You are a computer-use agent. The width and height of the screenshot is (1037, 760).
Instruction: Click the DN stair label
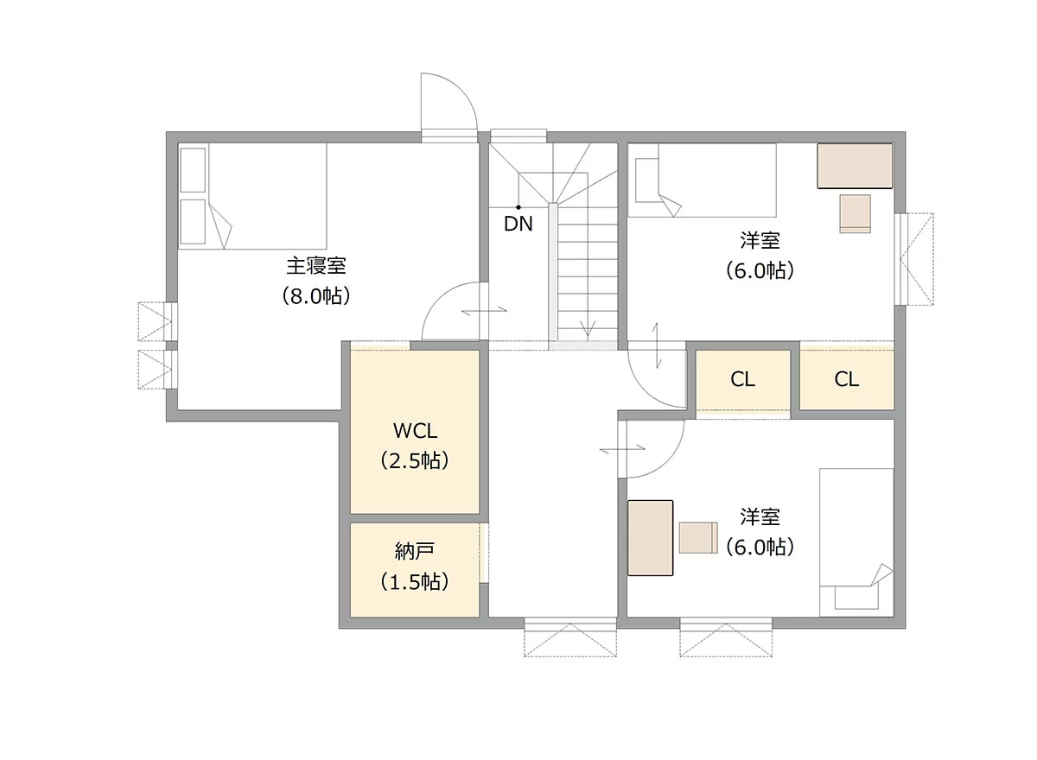[x=518, y=225]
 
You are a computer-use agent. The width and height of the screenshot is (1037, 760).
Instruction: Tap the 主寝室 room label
[x=315, y=265]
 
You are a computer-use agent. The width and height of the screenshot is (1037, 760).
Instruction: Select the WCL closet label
[x=416, y=431]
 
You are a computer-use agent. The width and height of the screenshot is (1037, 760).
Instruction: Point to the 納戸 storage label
[x=414, y=551]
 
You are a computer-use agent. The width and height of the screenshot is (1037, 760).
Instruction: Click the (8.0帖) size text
[x=315, y=296]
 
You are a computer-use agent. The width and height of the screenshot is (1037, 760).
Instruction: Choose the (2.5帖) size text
[x=415, y=460]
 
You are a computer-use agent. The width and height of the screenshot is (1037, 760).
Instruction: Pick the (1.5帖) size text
[x=415, y=582]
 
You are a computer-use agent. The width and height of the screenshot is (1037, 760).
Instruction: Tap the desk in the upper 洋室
[x=855, y=166]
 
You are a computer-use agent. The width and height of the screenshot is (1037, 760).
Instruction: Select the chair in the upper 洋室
[x=856, y=213]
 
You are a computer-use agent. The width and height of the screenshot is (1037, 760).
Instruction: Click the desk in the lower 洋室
[x=650, y=538]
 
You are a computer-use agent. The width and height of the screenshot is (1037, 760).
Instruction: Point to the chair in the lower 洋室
[x=698, y=537]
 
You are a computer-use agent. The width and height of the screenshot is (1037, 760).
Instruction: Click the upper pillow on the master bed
[x=193, y=170]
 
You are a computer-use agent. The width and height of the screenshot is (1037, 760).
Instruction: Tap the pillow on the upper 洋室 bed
[x=647, y=180]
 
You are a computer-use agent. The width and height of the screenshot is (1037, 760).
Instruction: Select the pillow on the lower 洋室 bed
[x=856, y=598]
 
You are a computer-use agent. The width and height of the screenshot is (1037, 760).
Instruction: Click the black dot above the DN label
[x=518, y=207]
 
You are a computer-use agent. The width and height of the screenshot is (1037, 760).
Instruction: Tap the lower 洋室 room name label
[x=760, y=517]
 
